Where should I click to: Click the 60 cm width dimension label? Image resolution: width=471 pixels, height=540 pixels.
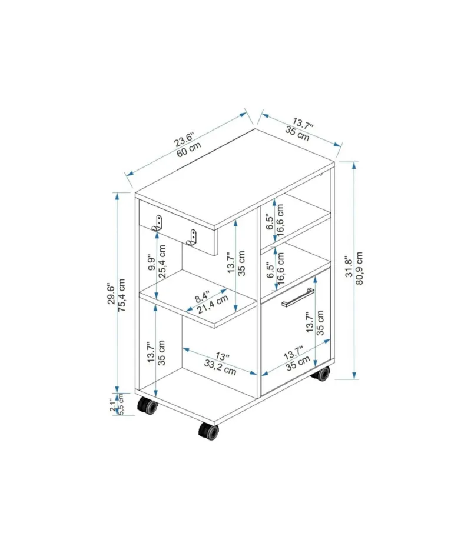coord(189,149)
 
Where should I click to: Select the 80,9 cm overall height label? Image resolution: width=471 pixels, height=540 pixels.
coord(359,268)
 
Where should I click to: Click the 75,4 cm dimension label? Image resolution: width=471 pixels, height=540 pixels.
coord(122,295)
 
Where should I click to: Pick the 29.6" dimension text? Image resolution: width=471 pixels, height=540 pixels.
coord(111,294)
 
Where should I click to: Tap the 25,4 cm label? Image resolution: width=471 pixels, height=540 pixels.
coord(162,261)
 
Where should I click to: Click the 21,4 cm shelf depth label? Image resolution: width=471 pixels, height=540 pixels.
coord(213,304)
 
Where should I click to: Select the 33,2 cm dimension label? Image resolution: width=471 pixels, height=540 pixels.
coord(220,367)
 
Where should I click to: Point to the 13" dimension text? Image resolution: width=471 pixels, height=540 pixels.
coord(222,356)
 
